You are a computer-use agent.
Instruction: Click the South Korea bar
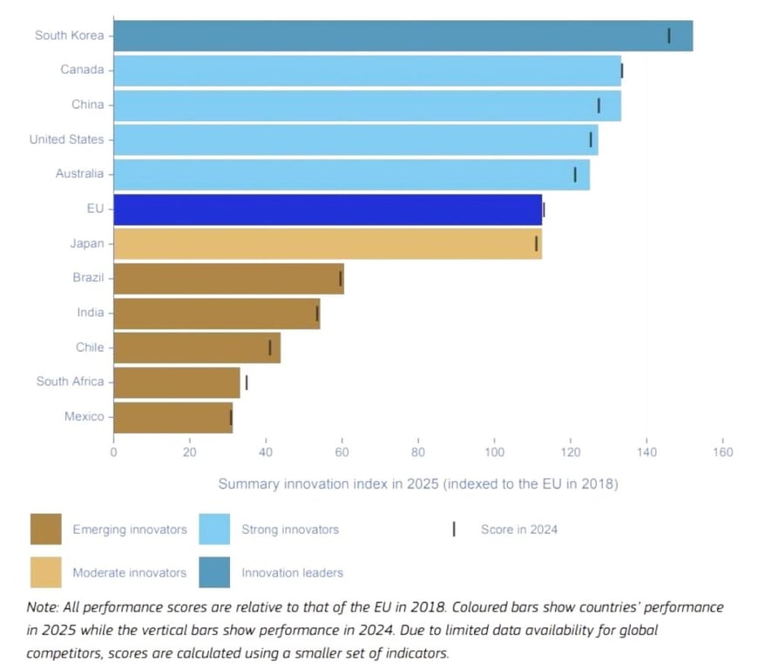[x=403, y=36]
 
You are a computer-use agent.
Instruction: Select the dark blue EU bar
[x=328, y=209]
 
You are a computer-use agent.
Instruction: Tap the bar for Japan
[x=328, y=244]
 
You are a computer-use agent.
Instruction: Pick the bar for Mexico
[x=173, y=417]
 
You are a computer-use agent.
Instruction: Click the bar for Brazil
[x=228, y=279]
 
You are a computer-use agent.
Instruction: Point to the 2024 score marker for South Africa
[x=247, y=382]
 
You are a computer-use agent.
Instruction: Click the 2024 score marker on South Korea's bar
[x=669, y=36]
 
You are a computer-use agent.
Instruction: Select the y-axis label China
[x=87, y=105]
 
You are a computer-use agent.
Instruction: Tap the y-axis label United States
[x=66, y=139]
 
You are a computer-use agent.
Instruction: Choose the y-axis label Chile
[x=90, y=348]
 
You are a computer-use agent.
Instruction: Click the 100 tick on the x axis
[x=494, y=452]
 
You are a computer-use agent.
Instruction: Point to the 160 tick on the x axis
[x=722, y=452]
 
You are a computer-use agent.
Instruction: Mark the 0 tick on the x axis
[x=113, y=452]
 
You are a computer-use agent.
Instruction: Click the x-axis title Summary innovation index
[x=417, y=484]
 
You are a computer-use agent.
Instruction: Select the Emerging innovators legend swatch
[x=45, y=529]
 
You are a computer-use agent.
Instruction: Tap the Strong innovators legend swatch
[x=214, y=529]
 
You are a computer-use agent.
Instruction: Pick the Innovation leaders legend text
[x=292, y=573]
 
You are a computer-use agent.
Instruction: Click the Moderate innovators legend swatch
[x=45, y=573]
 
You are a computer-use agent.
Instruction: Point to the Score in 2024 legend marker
[x=454, y=529]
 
